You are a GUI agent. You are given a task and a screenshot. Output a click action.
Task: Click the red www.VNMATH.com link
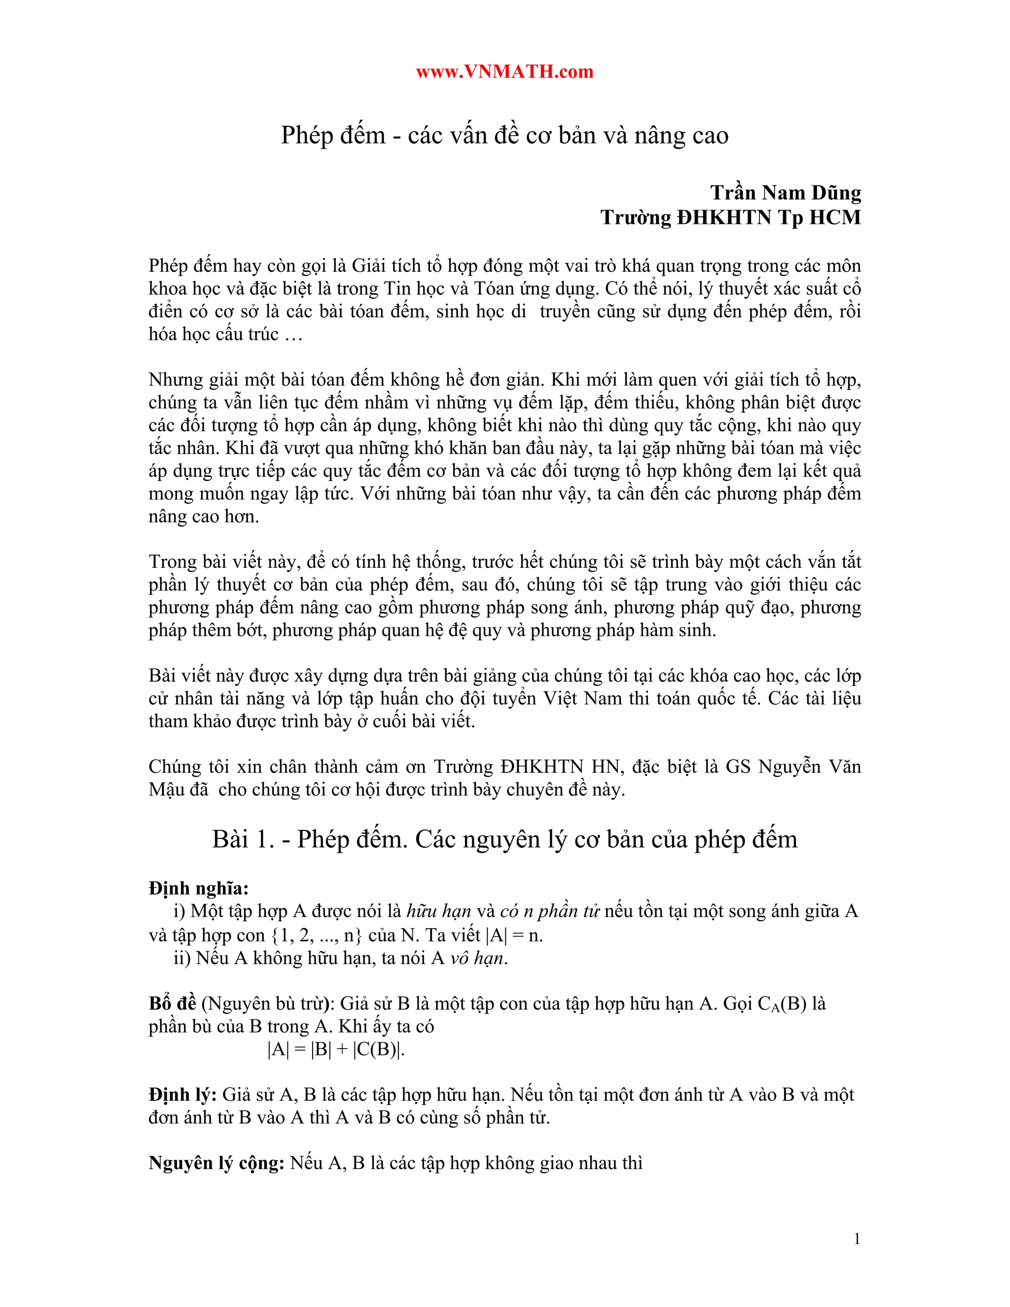(x=505, y=72)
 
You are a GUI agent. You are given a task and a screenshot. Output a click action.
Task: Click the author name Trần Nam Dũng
(x=785, y=193)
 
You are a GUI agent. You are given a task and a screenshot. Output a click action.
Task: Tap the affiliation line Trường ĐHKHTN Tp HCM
(x=730, y=217)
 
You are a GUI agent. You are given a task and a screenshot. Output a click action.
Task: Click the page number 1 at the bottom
(x=857, y=1239)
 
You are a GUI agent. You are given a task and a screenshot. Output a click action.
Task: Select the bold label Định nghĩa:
(x=199, y=888)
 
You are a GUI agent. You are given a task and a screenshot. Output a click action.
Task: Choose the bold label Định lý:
(x=182, y=1094)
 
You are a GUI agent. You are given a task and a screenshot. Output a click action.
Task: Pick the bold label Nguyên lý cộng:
(x=216, y=1163)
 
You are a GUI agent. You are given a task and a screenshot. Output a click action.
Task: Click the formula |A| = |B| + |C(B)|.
(x=336, y=1049)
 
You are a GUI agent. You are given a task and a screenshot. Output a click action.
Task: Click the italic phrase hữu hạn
(x=438, y=911)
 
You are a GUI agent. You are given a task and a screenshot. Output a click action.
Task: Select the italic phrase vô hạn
(x=478, y=958)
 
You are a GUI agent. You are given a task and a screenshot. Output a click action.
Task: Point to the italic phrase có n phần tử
(x=549, y=911)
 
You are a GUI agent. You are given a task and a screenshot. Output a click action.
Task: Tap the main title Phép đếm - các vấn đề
(x=505, y=135)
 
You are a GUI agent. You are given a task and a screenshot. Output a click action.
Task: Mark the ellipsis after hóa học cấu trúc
(x=293, y=334)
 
